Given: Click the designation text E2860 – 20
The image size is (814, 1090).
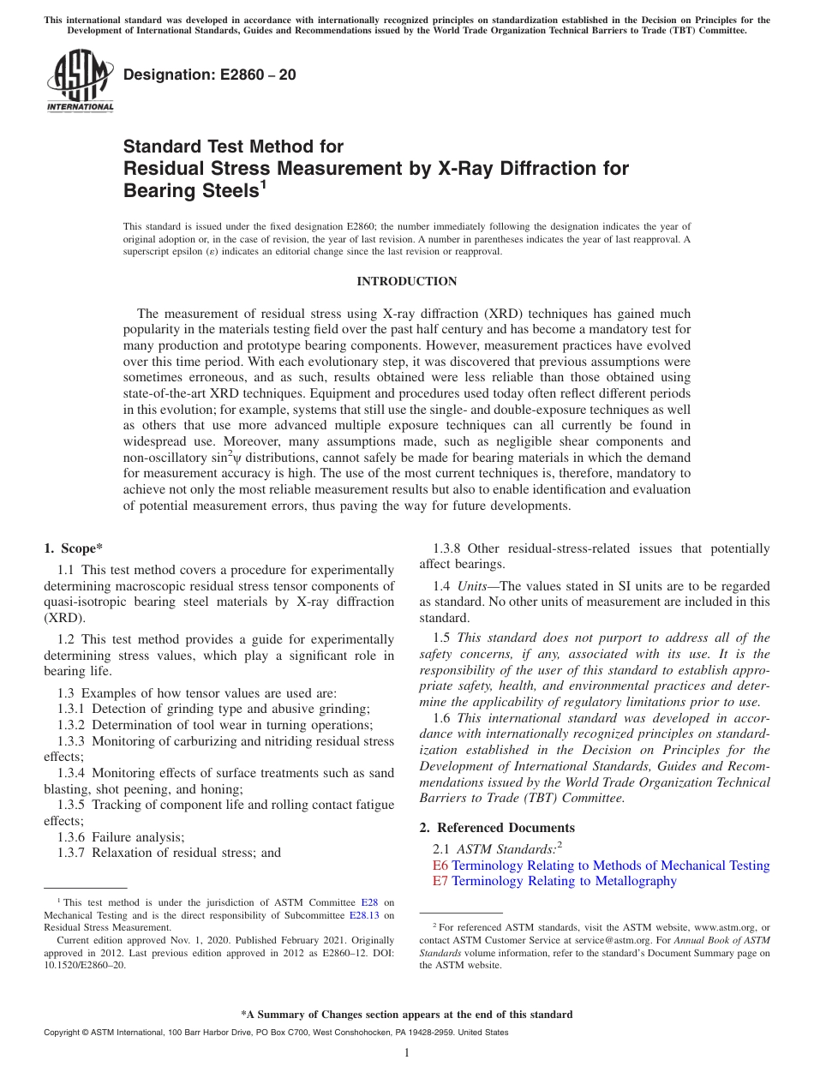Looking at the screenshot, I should pyautogui.click(x=210, y=75).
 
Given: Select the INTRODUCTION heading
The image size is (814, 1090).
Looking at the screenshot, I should pyautogui.click(x=407, y=282).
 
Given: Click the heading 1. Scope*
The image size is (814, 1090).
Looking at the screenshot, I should pyautogui.click(x=75, y=548).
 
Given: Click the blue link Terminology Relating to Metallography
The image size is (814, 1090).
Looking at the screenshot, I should pyautogui.click(x=564, y=881).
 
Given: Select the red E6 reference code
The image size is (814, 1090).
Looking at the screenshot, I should pyautogui.click(x=440, y=865).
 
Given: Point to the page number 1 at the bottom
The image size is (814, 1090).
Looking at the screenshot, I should pyautogui.click(x=407, y=1053).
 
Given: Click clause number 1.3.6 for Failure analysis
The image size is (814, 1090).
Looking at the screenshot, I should pyautogui.click(x=72, y=837).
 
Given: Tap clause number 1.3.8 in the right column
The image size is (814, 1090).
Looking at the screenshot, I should pyautogui.click(x=448, y=548).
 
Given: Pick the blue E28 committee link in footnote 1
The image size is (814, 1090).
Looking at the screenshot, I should pyautogui.click(x=369, y=902).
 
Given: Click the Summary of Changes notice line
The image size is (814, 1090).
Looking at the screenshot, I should pyautogui.click(x=407, y=1015).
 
